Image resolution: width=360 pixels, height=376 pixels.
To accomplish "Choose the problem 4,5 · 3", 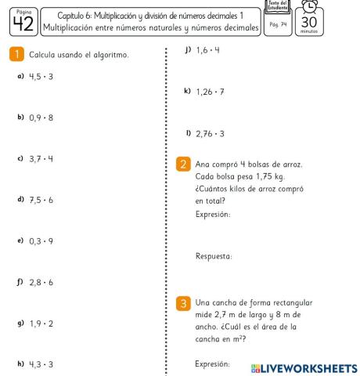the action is pos(45,77).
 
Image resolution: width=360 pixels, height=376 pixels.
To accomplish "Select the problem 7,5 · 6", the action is pos(45,199).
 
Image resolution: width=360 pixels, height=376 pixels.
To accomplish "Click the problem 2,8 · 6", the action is pos(45,280).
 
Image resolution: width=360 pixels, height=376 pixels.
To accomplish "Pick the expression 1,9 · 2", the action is pos(45,322).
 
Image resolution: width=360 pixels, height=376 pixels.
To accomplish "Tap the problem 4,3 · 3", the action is pos(45,363).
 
